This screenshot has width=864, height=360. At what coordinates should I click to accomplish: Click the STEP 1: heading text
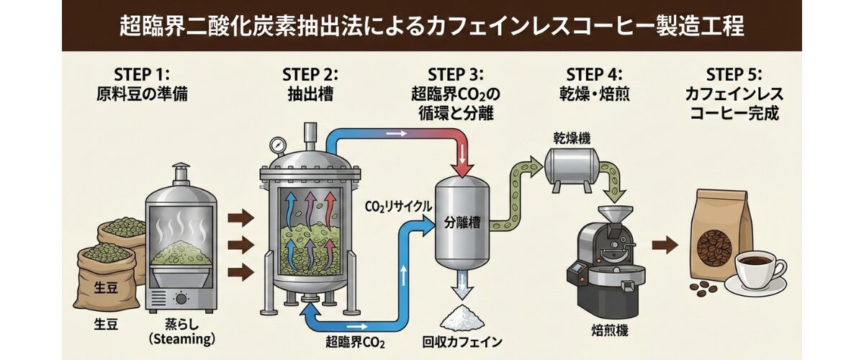[x=141, y=75]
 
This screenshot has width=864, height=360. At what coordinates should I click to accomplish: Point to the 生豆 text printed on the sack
[x=104, y=289]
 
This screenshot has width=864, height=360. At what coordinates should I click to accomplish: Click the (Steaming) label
[x=178, y=339]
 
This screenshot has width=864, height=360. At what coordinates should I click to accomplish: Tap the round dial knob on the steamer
[x=181, y=298]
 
